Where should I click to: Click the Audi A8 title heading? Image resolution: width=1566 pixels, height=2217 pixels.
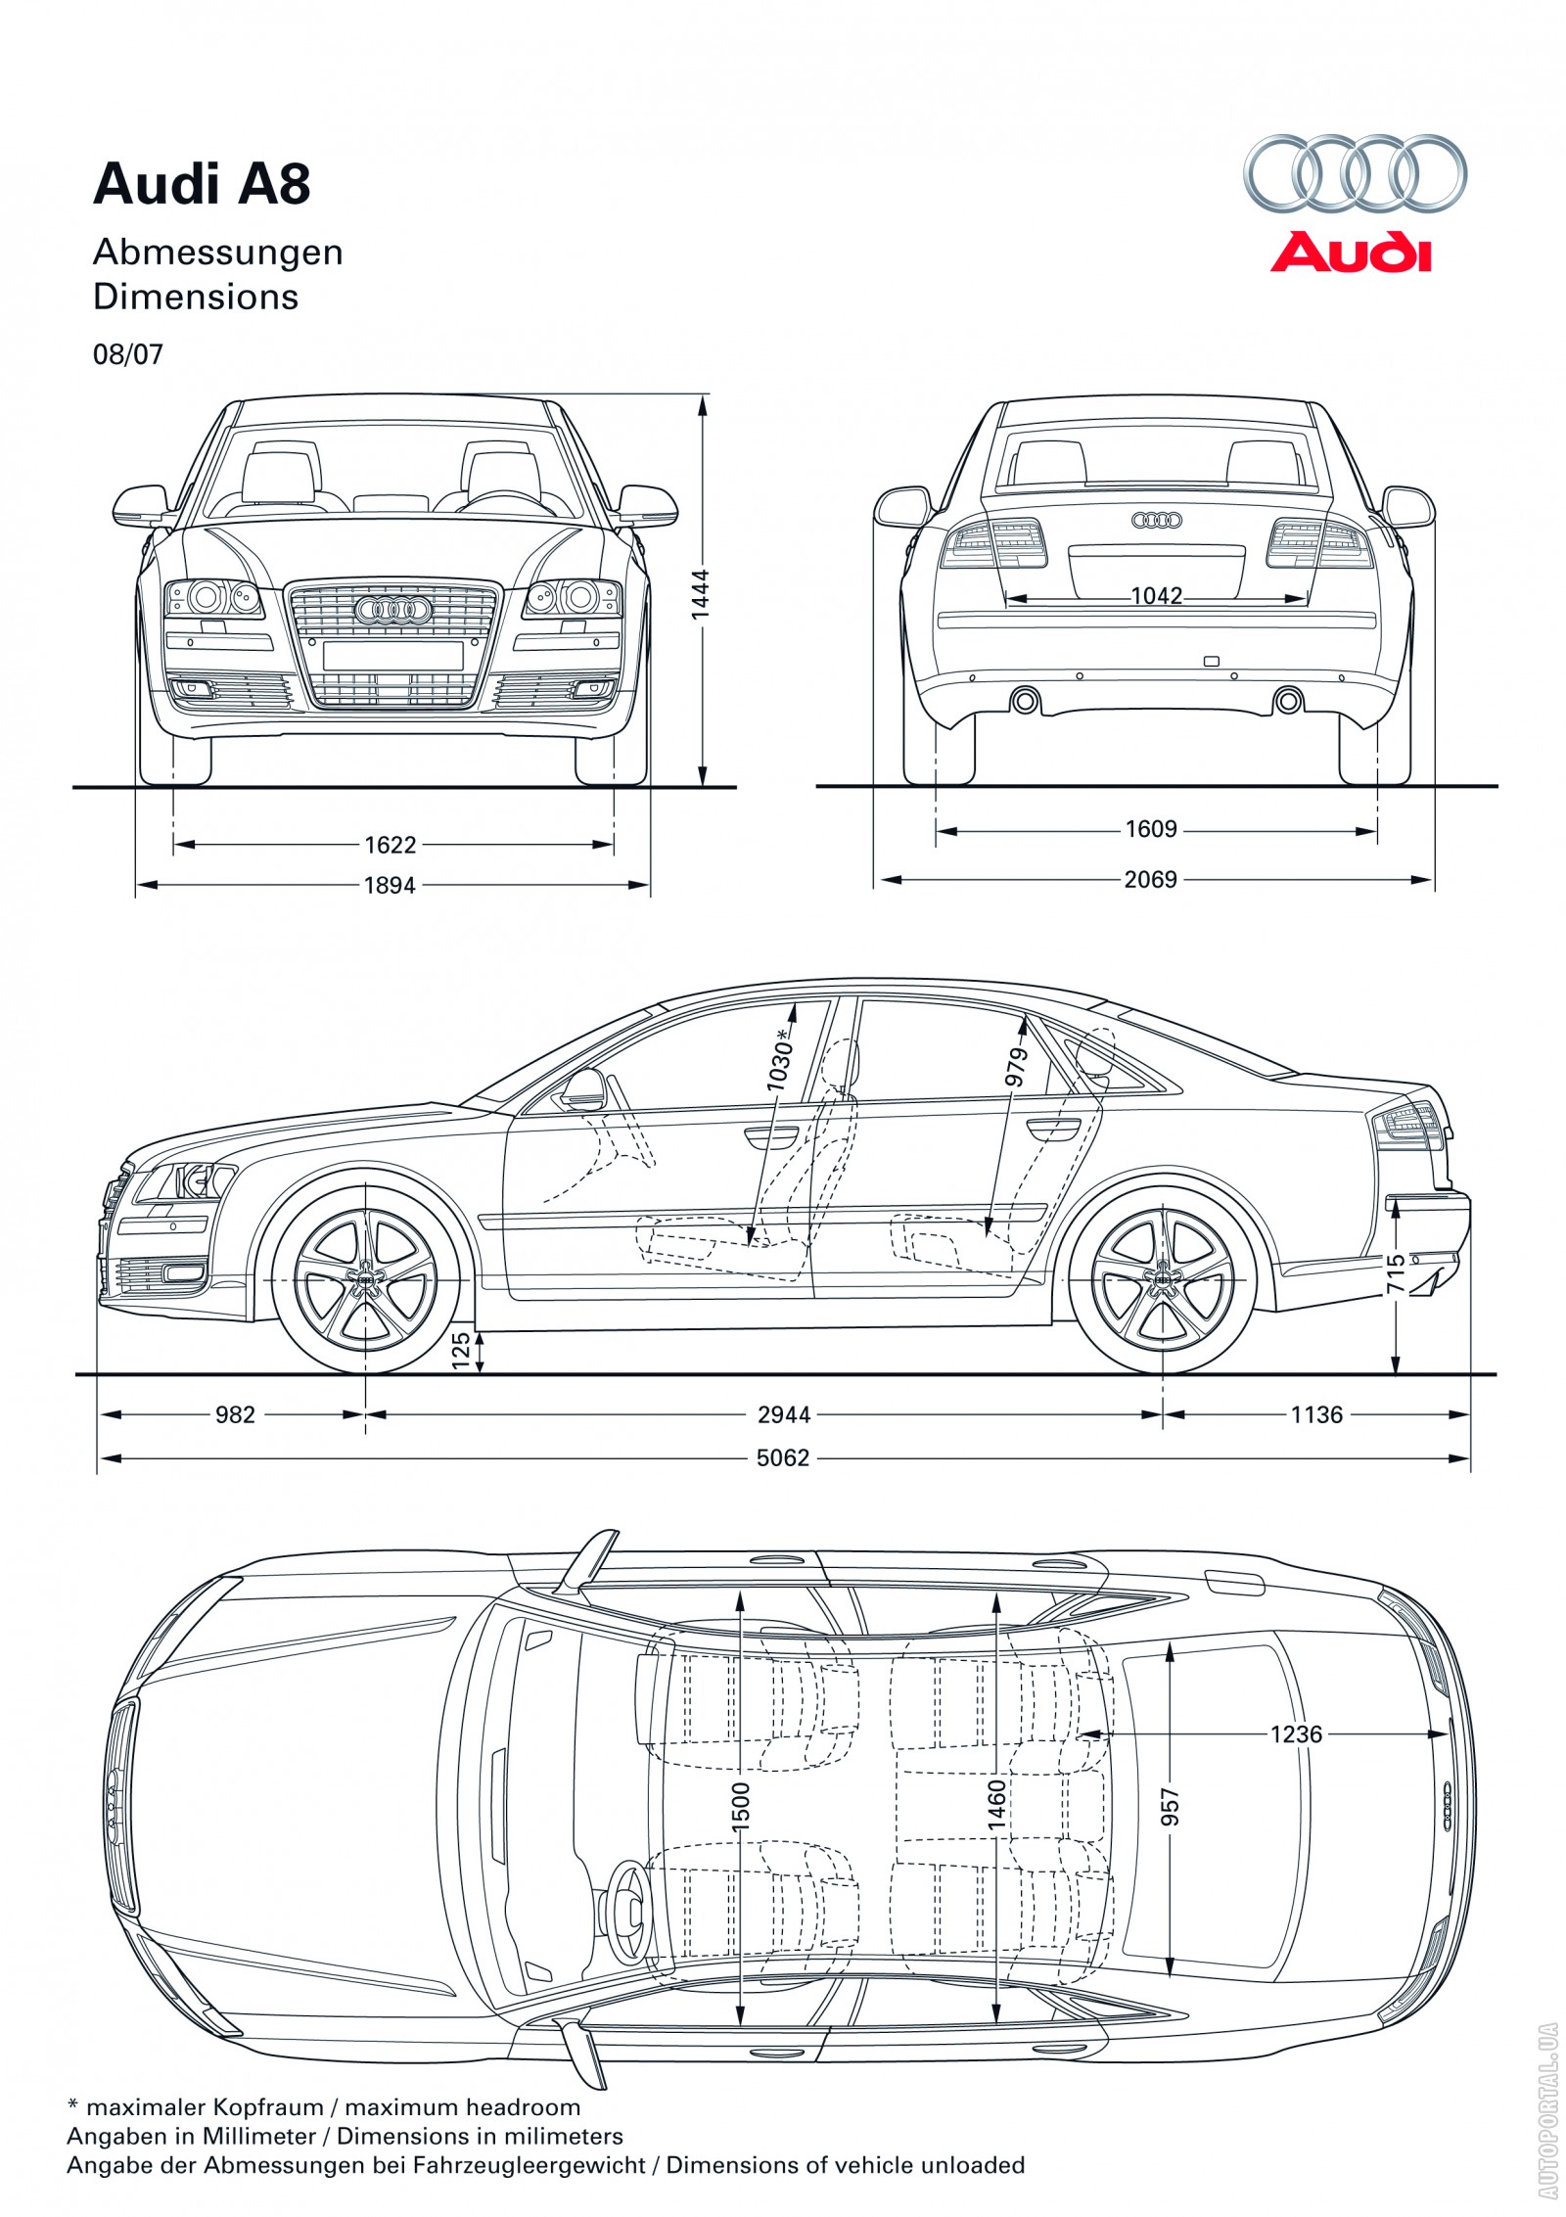click(x=202, y=184)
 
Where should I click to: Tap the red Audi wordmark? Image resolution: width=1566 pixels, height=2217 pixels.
click(x=1351, y=252)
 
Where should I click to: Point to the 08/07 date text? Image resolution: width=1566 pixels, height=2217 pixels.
click(x=128, y=354)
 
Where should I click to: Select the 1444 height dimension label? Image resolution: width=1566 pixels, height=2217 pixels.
click(x=699, y=594)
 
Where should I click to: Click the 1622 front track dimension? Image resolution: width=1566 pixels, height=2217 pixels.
click(x=390, y=844)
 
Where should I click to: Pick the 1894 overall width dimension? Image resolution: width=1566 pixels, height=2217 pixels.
click(x=390, y=885)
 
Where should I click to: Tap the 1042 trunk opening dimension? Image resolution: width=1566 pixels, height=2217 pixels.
click(x=1157, y=596)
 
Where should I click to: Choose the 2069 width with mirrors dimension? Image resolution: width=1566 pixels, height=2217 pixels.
click(x=1150, y=879)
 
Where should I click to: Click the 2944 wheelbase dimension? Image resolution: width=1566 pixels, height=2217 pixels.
click(x=784, y=1414)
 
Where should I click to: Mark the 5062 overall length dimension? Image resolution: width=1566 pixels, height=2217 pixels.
click(x=783, y=1457)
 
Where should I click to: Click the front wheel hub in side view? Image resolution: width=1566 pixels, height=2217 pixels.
click(x=366, y=1280)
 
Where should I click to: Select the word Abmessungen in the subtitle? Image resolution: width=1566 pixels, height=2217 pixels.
click(x=217, y=254)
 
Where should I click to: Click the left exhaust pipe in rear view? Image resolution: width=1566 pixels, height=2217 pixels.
click(x=1025, y=700)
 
